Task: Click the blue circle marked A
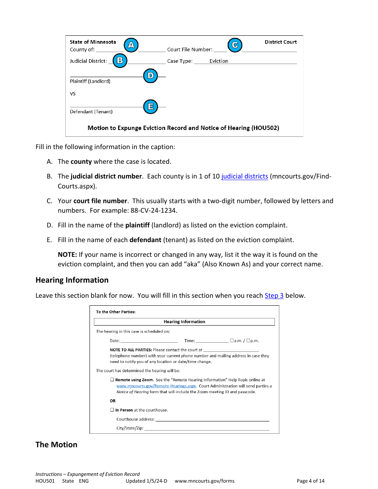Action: point(131,45)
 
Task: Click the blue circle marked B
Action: point(120,61)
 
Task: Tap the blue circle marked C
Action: point(235,45)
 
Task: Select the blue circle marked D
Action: point(150,76)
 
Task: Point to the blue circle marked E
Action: point(150,107)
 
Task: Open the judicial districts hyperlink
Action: point(245,176)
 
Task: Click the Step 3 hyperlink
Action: point(274,295)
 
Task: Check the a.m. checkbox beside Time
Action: point(232,341)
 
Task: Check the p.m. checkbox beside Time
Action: point(248,341)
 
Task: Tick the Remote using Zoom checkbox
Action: point(112,380)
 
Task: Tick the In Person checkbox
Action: point(112,410)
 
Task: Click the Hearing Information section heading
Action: point(72,280)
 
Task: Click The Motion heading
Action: point(56,444)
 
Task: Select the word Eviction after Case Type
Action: point(219,61)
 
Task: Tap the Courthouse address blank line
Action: point(212,419)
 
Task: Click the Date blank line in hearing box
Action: point(149,341)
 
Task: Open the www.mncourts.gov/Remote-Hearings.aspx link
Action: point(156,386)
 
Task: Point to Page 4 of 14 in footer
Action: point(310,481)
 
